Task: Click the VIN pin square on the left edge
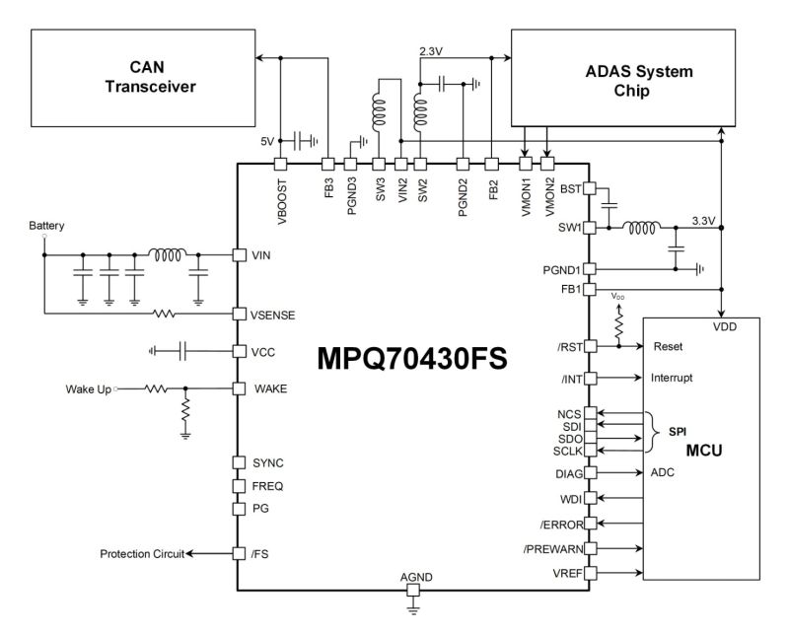point(238,255)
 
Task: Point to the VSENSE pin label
point(275,315)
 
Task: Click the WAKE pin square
point(238,387)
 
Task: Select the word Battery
point(46,226)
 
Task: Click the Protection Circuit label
point(142,553)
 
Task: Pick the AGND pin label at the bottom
point(414,576)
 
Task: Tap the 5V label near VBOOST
point(266,141)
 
